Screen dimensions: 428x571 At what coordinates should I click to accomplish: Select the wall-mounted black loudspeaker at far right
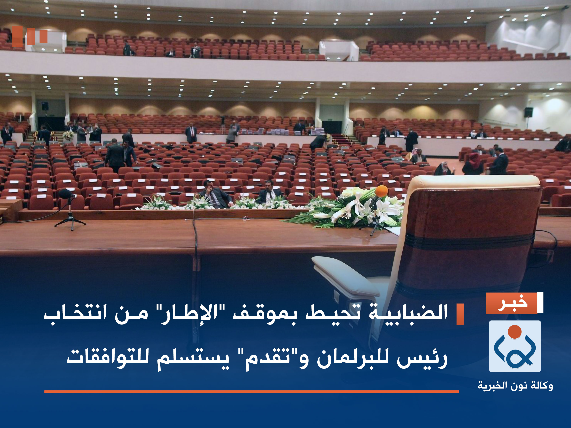tap(528, 112)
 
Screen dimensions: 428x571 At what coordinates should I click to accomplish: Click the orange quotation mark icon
tap(30, 36)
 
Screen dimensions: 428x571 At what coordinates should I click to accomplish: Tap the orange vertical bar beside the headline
tap(460, 314)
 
